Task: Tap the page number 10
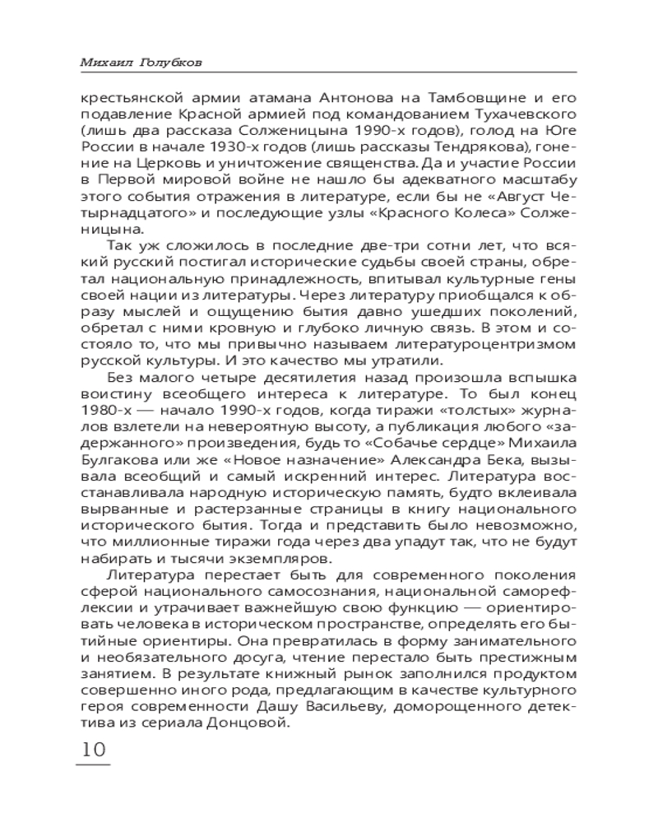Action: (x=91, y=750)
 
